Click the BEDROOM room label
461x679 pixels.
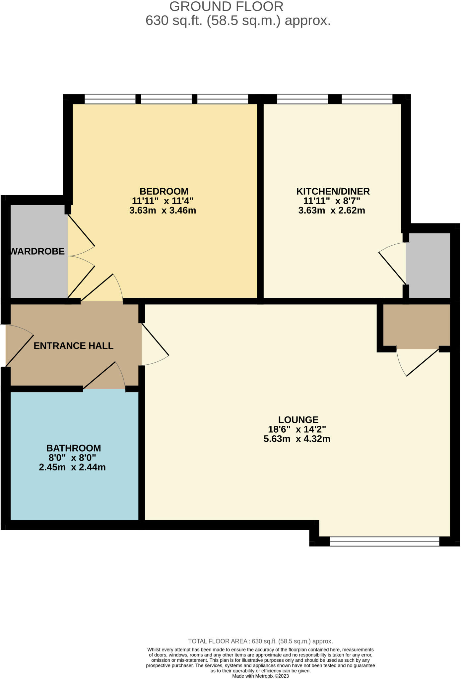point(164,191)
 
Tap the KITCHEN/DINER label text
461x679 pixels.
point(333,191)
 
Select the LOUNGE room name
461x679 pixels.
point(298,420)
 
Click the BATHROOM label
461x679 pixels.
point(74,448)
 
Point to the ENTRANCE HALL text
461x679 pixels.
point(74,346)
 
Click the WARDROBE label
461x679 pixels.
point(37,251)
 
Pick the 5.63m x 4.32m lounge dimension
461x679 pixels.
point(297,439)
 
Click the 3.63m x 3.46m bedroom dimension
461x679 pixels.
point(163,211)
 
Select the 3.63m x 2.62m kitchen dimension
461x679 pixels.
point(332,211)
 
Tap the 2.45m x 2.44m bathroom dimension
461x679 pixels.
point(72,467)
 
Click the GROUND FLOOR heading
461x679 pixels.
point(226,7)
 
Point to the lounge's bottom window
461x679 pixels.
point(385,541)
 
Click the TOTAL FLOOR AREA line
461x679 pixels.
point(260,641)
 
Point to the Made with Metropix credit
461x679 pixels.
point(260,676)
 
